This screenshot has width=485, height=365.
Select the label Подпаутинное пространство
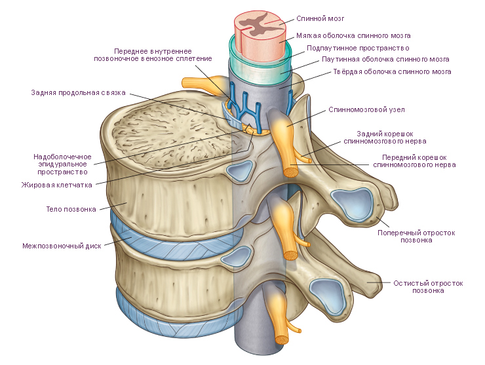359,48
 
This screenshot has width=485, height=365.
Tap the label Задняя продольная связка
78,92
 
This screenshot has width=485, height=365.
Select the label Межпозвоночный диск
61,247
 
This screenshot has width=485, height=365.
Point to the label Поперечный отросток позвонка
416,236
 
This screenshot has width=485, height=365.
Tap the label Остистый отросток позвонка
428,287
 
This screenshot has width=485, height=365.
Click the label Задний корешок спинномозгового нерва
392,136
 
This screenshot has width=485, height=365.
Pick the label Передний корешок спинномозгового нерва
414,161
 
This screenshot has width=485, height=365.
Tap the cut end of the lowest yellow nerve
282,340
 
